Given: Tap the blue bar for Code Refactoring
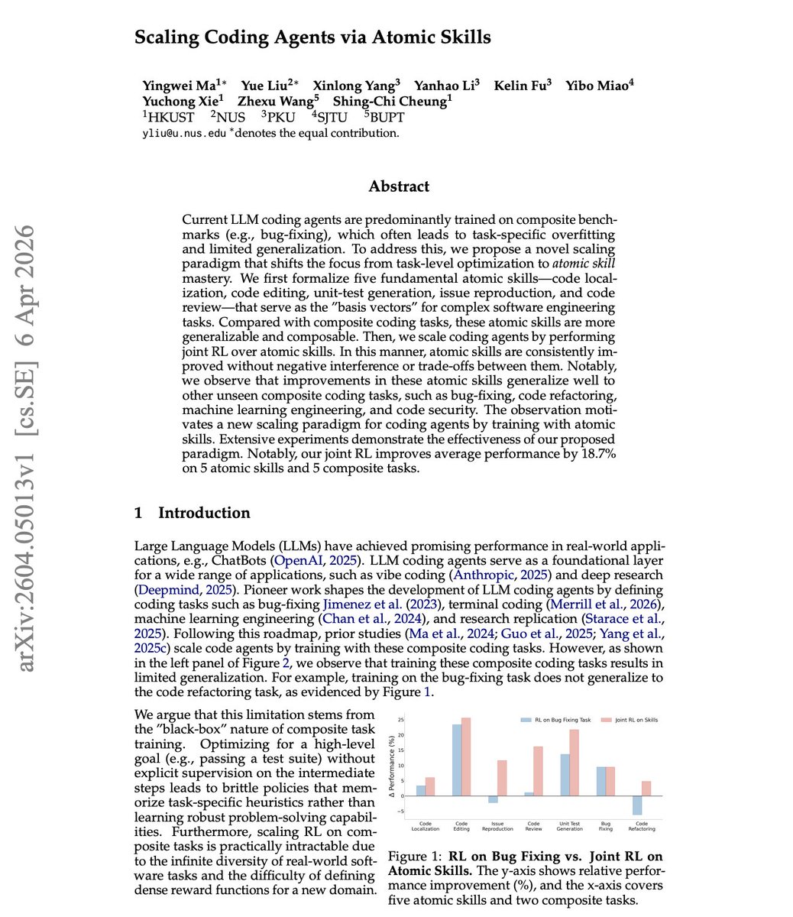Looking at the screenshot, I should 636,805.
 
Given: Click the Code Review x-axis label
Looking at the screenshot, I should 533,826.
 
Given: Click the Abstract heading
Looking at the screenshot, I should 399,186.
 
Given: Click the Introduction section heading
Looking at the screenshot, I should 204,513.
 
